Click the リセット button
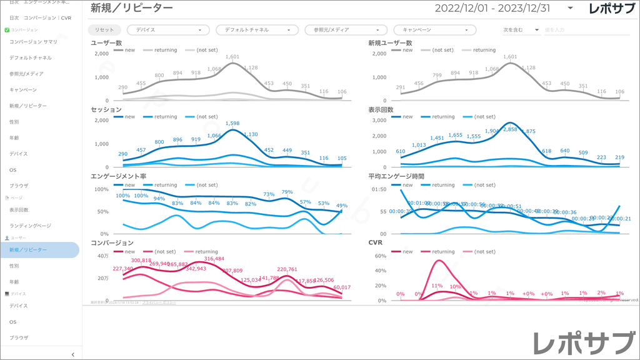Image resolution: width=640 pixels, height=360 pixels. click(104, 30)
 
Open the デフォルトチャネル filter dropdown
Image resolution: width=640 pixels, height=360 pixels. click(254, 30)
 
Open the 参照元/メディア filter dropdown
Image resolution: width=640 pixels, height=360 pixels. click(342, 30)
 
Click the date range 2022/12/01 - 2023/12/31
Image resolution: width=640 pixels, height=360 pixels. click(492, 8)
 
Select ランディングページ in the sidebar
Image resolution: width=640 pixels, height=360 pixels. click(30, 226)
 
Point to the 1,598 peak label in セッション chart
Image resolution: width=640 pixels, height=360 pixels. click(232, 124)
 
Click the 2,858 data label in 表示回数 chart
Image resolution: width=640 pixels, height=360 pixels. click(510, 129)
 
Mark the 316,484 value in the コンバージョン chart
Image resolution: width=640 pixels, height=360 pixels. click(214, 259)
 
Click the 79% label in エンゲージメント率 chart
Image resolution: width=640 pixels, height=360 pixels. click(287, 192)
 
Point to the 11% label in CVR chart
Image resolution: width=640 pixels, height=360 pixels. click(437, 286)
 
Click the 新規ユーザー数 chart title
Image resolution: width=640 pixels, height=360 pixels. click(390, 43)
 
